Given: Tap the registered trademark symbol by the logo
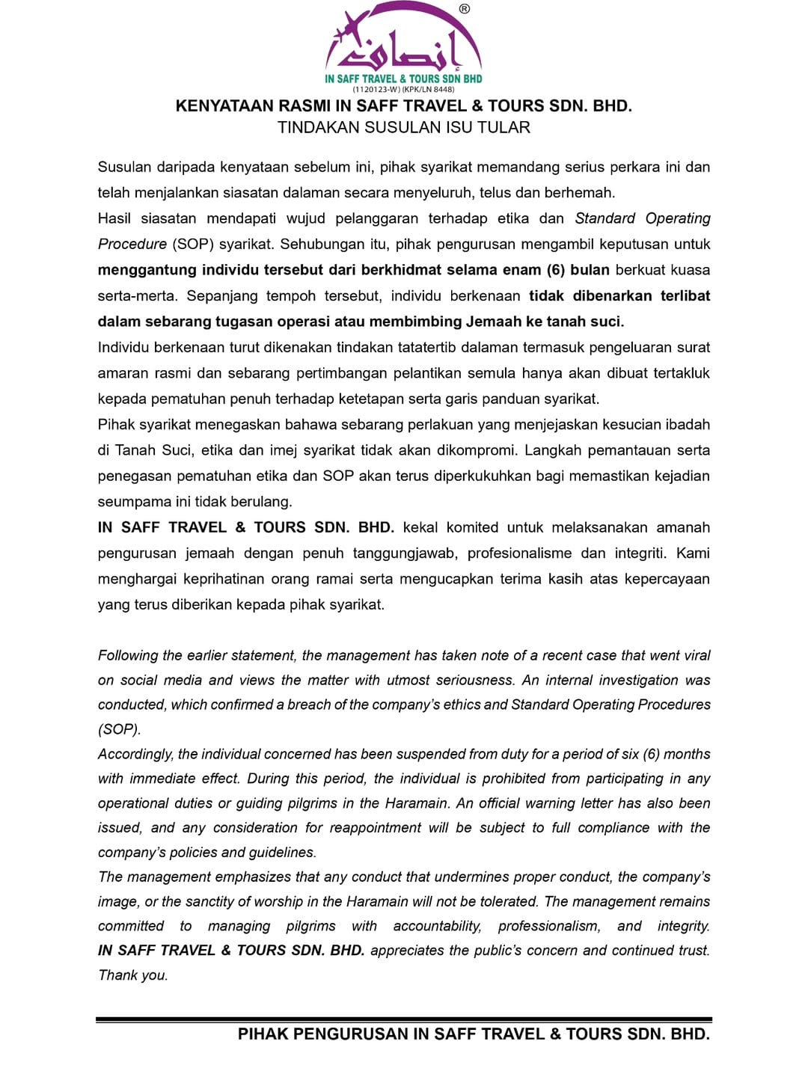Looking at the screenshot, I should click(x=465, y=9).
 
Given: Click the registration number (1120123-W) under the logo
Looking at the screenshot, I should click(x=376, y=89).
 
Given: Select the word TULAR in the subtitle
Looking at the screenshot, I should click(x=509, y=128).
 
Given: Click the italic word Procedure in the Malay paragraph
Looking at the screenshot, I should click(x=132, y=245).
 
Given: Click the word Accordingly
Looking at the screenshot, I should click(x=135, y=755).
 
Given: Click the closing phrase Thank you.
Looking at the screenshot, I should click(x=133, y=975).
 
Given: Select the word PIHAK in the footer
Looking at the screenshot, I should click(x=263, y=1034).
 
